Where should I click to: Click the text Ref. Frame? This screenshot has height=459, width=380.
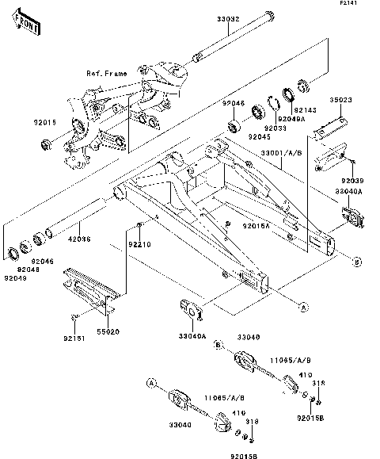(107, 73)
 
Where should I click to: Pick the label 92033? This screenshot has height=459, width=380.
(275, 127)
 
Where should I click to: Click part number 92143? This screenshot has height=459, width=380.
(306, 110)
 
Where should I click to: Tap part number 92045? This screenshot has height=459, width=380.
(260, 136)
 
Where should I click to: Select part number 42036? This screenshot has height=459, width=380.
(79, 239)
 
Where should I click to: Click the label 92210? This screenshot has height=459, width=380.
(140, 244)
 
